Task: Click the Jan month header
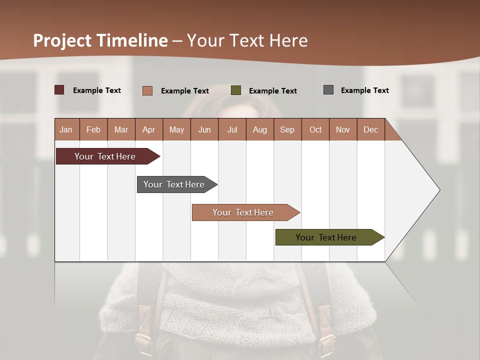pos(66,129)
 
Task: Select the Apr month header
pos(149,129)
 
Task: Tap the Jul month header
pos(232,129)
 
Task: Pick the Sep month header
pos(287,129)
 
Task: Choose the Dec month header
pos(371,129)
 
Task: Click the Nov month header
pos(343,129)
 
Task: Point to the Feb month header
pos(93,129)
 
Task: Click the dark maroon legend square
pos(59,90)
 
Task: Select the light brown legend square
pos(147,90)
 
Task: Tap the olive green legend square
pos(236,90)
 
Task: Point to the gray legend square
pos(328,90)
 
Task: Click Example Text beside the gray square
pos(365,90)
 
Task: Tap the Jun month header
pos(204,129)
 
